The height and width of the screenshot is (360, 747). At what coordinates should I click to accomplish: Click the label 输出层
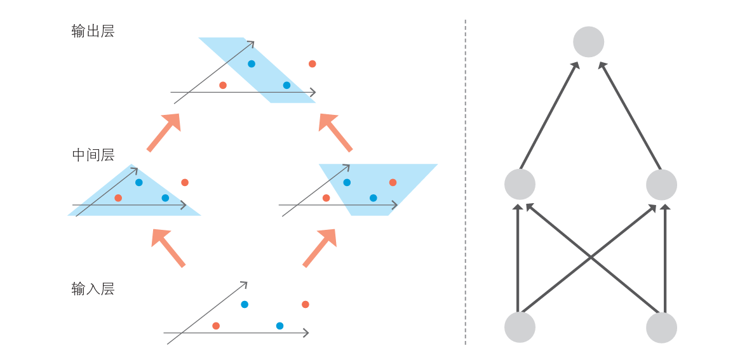(x=93, y=31)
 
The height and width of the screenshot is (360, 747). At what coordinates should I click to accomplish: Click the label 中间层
(x=93, y=155)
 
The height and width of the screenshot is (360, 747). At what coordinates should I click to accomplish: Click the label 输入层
(x=93, y=289)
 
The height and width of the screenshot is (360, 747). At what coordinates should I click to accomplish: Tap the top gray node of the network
(x=588, y=42)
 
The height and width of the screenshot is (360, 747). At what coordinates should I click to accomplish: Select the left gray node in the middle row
(x=520, y=184)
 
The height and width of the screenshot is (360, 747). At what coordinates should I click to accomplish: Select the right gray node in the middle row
(x=661, y=184)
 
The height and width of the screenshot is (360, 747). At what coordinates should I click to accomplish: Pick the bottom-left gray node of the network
(x=520, y=327)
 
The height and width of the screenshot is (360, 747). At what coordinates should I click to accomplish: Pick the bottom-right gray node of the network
(x=661, y=327)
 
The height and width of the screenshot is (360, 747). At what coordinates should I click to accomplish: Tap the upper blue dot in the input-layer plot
(x=245, y=304)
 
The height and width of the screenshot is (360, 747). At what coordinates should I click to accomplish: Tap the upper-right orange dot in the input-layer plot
(x=306, y=304)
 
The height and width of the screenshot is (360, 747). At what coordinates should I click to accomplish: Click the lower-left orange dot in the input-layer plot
(x=216, y=326)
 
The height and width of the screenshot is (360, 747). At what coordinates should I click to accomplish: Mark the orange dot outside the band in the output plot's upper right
(x=313, y=63)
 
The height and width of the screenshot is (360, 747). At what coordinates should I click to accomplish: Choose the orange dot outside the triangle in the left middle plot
(x=185, y=182)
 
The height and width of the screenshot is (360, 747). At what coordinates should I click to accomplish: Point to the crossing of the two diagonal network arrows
(x=591, y=257)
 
